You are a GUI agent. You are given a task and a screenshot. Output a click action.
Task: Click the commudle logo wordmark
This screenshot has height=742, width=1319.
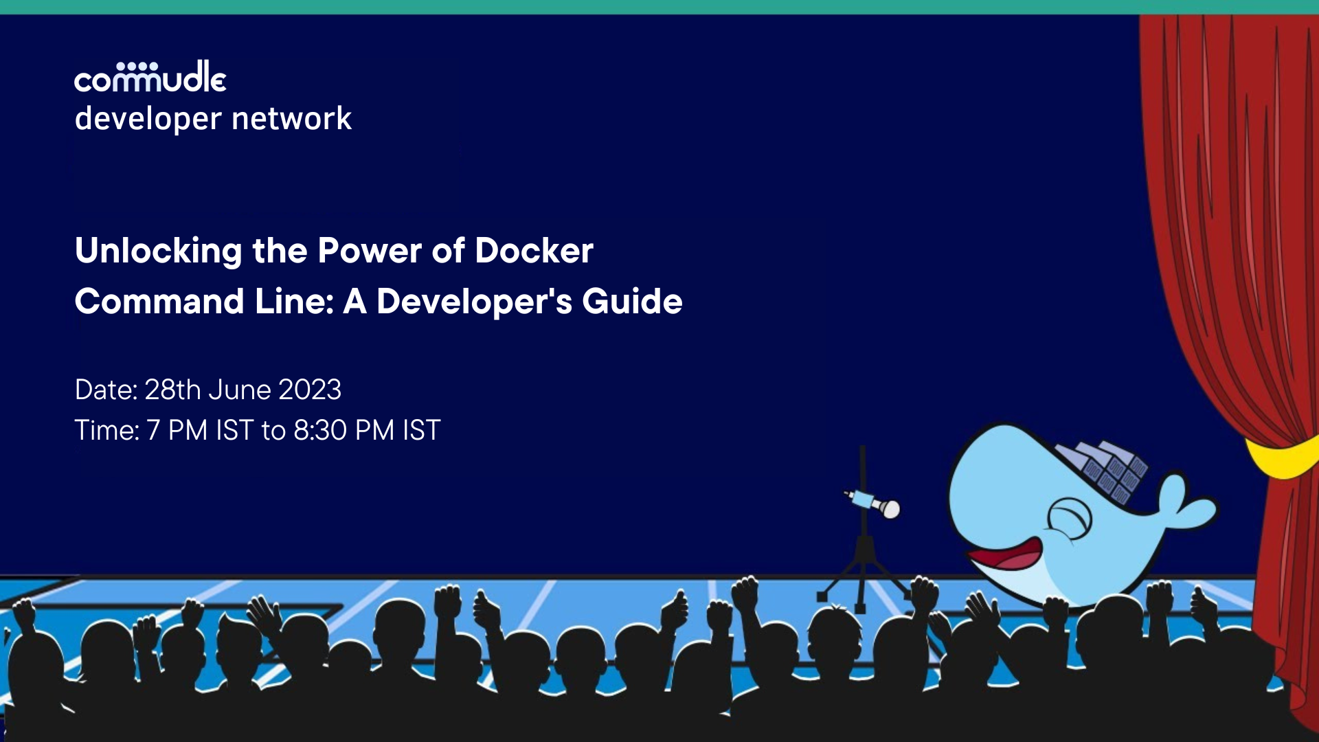[150, 77]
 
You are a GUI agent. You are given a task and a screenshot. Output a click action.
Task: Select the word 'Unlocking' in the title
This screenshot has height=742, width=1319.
[158, 251]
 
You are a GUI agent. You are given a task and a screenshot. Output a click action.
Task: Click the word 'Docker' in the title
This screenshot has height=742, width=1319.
[534, 251]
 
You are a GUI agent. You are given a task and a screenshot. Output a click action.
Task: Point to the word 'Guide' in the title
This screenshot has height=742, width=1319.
[632, 302]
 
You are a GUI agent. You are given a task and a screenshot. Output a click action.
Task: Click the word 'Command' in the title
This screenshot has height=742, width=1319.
[159, 302]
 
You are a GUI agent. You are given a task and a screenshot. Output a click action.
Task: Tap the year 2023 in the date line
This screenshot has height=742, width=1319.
[309, 390]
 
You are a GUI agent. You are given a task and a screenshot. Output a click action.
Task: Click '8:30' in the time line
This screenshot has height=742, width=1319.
[320, 431]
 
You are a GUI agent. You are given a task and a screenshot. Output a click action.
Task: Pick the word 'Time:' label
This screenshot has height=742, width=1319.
[106, 431]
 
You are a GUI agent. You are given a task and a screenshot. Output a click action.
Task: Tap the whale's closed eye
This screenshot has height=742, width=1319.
[1069, 517]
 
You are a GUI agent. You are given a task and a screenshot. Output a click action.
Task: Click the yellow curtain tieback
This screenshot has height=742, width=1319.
[1281, 457]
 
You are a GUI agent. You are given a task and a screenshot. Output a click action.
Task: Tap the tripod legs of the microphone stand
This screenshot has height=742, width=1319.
[862, 577]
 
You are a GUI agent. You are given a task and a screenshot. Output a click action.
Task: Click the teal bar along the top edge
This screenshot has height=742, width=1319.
[659, 7]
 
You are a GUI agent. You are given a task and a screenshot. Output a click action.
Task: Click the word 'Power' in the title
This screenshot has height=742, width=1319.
[370, 251]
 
